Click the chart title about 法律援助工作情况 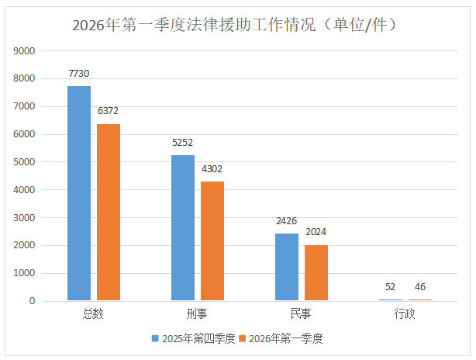[x=237, y=25]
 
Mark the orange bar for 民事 [x=316, y=272]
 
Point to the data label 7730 [x=79, y=74]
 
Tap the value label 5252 [x=183, y=143]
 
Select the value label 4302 [x=212, y=169]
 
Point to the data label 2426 [x=287, y=221]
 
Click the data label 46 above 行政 [x=419, y=287]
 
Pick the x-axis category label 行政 [x=405, y=314]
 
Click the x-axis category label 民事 [x=302, y=314]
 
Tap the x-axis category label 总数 [x=94, y=314]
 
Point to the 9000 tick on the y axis [x=26, y=51]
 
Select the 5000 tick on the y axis [x=26, y=162]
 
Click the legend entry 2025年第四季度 [x=194, y=338]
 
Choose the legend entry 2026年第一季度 [x=281, y=338]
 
